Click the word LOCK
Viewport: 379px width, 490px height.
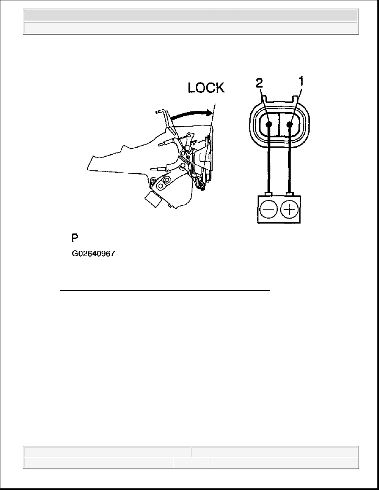pyautogui.click(x=206, y=87)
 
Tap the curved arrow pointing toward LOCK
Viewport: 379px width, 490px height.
pyautogui.click(x=188, y=113)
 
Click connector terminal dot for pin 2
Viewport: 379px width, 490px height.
pyautogui.click(x=269, y=124)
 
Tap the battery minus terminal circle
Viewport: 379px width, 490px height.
pyautogui.click(x=268, y=210)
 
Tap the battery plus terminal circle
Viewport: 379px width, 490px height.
pyautogui.click(x=290, y=210)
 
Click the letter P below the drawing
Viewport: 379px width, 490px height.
pyautogui.click(x=75, y=238)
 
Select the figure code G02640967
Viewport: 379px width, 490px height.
pyautogui.click(x=93, y=254)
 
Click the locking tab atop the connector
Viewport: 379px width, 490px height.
pyautogui.click(x=281, y=99)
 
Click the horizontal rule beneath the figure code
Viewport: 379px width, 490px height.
pyautogui.click(x=165, y=290)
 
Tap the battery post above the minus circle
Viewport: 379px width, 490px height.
pyautogui.click(x=269, y=194)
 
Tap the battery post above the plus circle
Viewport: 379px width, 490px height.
pyautogui.click(x=291, y=194)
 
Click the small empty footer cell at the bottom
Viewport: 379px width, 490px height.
pyautogui.click(x=191, y=463)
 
